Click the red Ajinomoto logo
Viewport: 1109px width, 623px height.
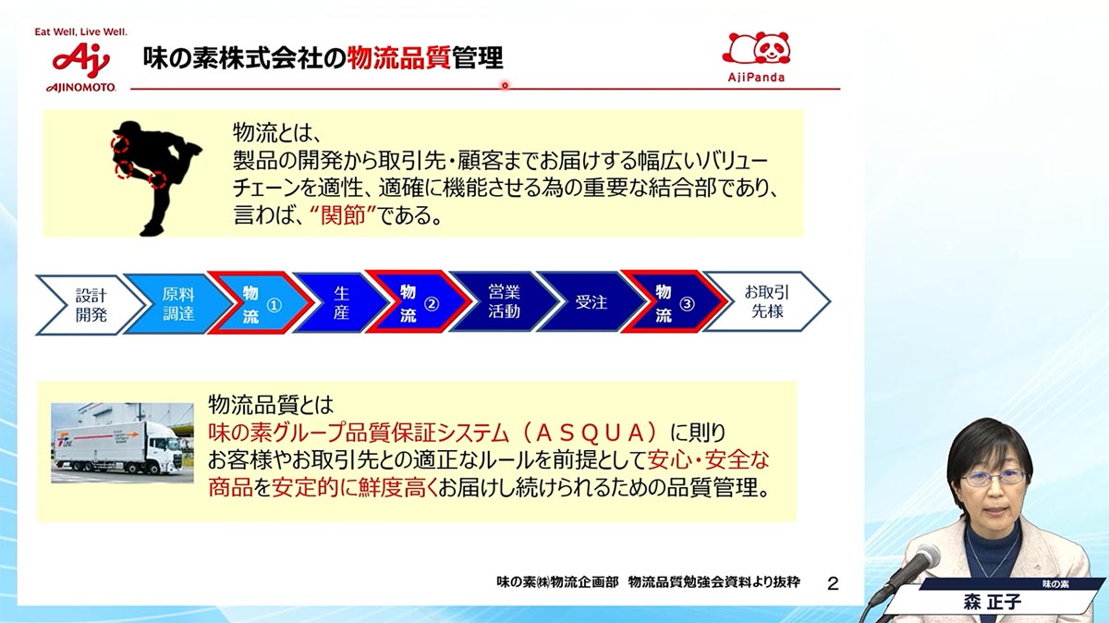[81, 60]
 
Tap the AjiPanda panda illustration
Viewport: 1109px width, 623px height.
[756, 48]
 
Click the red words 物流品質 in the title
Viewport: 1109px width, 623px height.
[398, 58]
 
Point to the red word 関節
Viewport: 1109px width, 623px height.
[343, 215]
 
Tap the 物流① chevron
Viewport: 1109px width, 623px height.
[261, 302]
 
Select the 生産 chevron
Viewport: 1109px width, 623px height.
[341, 302]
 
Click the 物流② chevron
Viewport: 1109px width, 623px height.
[419, 301]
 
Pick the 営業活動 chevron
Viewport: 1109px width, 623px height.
[504, 301]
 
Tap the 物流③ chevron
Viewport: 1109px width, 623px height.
[675, 301]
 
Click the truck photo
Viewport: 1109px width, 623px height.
[122, 443]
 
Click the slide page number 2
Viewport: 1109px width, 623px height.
[833, 584]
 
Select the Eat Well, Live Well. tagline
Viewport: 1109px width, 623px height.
[80, 32]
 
